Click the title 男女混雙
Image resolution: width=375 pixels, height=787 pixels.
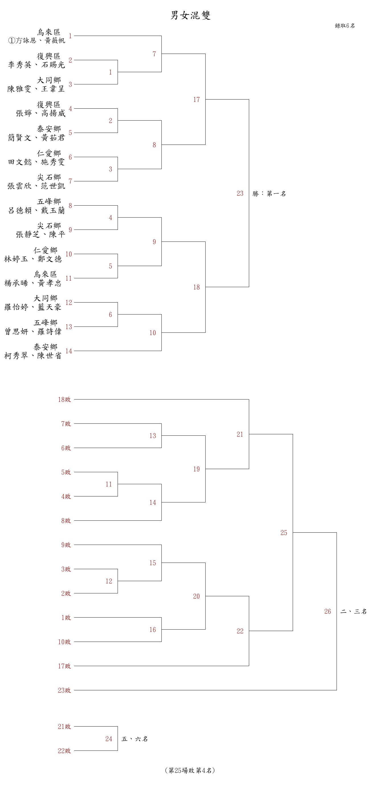pyautogui.click(x=190, y=15)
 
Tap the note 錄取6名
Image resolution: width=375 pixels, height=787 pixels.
pyautogui.click(x=345, y=26)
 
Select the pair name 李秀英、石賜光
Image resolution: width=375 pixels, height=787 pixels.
pyautogui.click(x=36, y=65)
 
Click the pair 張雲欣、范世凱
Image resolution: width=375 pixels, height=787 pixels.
pyautogui.click(x=36, y=186)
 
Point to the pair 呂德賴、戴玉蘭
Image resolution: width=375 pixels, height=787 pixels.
pyautogui.click(x=36, y=210)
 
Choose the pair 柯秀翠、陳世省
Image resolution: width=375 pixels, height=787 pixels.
pyautogui.click(x=33, y=356)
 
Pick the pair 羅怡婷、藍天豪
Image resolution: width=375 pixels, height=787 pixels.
pyautogui.click(x=33, y=307)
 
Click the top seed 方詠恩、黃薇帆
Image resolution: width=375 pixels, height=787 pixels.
pyautogui.click(x=37, y=40)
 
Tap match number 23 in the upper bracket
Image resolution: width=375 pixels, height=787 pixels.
pyautogui.click(x=240, y=193)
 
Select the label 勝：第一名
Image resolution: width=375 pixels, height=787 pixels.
pyautogui.click(x=269, y=193)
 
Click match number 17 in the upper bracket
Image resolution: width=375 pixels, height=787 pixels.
pyautogui.click(x=196, y=100)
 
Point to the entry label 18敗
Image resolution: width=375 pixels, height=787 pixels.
pyautogui.click(x=64, y=399)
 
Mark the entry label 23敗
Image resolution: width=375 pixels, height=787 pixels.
pyautogui.click(x=64, y=690)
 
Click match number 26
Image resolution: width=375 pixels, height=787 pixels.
pyautogui.click(x=327, y=611)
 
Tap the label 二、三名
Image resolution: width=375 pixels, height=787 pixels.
pyautogui.click(x=353, y=611)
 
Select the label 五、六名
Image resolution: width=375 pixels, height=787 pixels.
pyautogui.click(x=135, y=739)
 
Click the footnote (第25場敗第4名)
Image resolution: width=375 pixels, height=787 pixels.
pyautogui.click(x=190, y=770)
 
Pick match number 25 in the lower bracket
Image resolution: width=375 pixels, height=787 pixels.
pyautogui.click(x=284, y=533)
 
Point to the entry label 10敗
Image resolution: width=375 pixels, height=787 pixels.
pyautogui.click(x=64, y=642)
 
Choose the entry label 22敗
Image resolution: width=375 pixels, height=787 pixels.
pyautogui.click(x=64, y=751)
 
